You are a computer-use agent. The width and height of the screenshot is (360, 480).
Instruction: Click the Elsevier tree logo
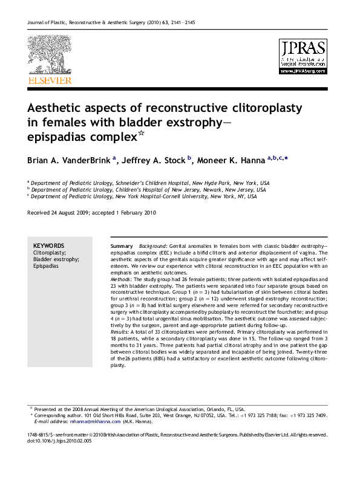coord(49,56)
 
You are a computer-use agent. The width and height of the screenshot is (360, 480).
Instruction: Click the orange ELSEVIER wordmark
coord(49,80)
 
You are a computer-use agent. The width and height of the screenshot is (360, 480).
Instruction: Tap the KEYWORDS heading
coord(49,245)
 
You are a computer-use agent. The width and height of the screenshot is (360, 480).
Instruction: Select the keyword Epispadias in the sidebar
coord(46,265)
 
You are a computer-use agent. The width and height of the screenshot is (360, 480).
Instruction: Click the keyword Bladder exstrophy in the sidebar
coord(56,259)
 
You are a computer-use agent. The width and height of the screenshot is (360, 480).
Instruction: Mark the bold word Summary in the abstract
coord(122,247)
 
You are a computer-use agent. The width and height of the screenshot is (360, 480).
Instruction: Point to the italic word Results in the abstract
coord(121,332)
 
